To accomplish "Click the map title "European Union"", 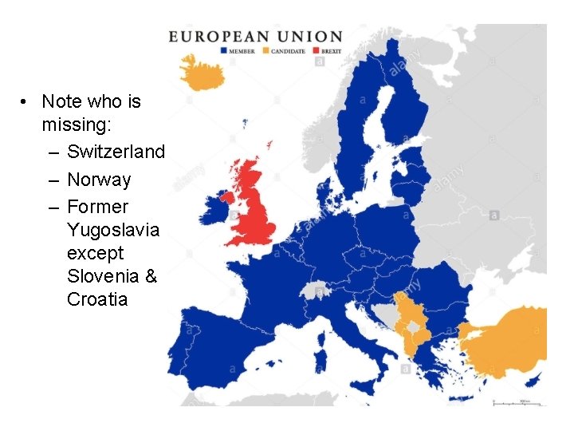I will [255, 37].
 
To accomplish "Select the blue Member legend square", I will [225, 50].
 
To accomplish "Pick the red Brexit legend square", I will [316, 50].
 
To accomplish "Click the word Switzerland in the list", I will [116, 152].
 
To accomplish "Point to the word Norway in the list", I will [99, 180].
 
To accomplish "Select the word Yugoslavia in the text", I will [113, 231].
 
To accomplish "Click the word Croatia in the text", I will [97, 300].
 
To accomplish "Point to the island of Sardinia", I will [320, 347].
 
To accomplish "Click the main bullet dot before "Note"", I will [26, 102].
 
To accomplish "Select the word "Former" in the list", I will [97, 207].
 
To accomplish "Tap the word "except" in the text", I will [96, 254].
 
